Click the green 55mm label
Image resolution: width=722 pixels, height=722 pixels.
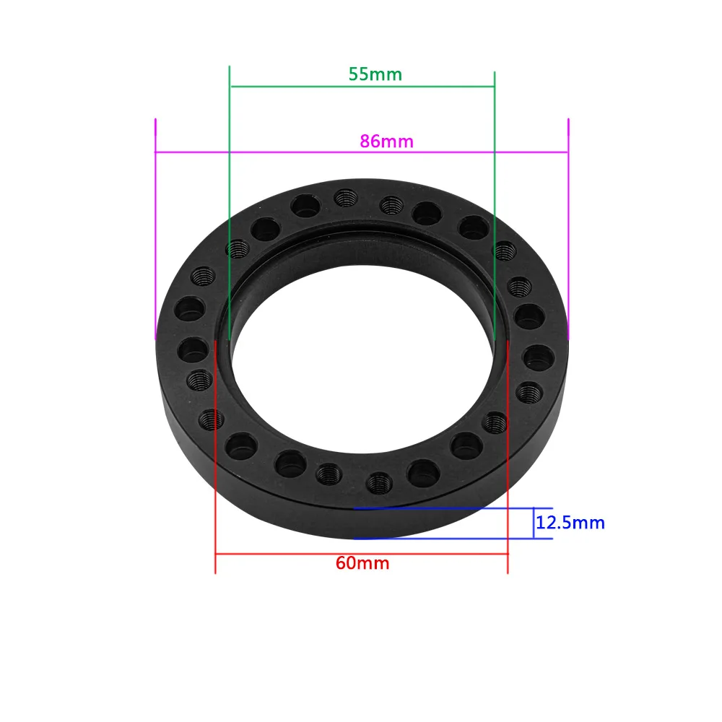pyautogui.click(x=375, y=74)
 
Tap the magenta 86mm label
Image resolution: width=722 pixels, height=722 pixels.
pyautogui.click(x=386, y=141)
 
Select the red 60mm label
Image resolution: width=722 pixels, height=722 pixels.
pyautogui.click(x=362, y=563)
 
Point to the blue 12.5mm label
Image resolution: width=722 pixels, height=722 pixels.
pyautogui.click(x=570, y=522)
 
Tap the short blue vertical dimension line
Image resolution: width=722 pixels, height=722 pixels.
pyautogui.click(x=534, y=523)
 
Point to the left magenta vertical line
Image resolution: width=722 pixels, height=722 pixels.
pyautogui.click(x=155, y=231)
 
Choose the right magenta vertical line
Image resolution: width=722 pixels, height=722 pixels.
pyautogui.click(x=568, y=231)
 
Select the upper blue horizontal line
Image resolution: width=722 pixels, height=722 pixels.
pyautogui.click(x=448, y=508)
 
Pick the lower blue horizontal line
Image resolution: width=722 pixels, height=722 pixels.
pyautogui.click(x=448, y=539)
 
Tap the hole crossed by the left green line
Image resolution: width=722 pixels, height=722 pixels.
pyautogui.click(x=237, y=250)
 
